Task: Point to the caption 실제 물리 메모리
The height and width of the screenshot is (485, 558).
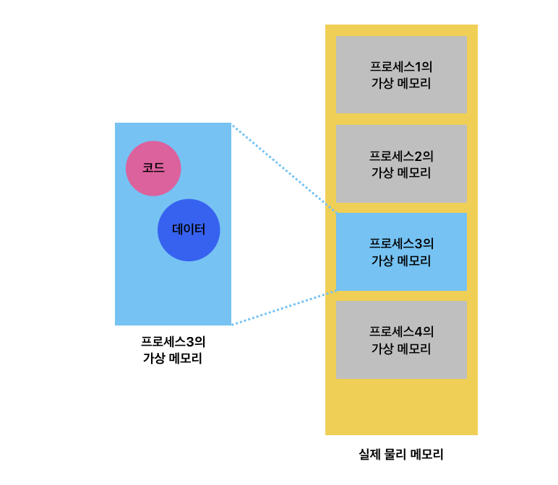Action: (x=401, y=455)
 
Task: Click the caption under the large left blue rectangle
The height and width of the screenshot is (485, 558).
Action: (x=173, y=349)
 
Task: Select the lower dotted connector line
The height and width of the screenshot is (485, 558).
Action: (x=283, y=308)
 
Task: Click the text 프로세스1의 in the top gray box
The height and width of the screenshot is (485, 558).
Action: (x=401, y=66)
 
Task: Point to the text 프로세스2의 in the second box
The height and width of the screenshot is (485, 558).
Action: (x=401, y=156)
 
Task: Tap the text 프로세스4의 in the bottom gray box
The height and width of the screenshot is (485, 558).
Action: (x=401, y=332)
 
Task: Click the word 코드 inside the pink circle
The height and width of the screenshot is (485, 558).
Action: (x=153, y=168)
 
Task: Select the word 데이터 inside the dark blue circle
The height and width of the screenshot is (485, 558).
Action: (x=189, y=230)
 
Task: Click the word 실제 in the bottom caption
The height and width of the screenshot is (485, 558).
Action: (x=370, y=455)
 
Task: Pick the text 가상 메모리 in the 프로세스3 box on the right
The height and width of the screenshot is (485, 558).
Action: (x=401, y=261)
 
